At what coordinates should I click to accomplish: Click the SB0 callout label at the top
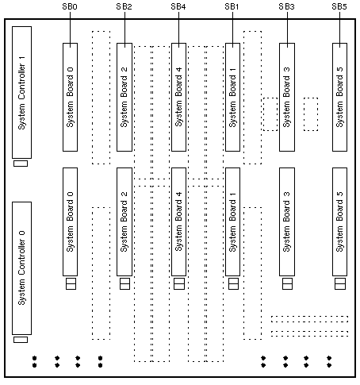point(70,6)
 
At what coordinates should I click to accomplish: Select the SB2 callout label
point(124,6)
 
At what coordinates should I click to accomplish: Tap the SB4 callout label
point(178,6)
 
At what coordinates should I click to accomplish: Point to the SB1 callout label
point(232,6)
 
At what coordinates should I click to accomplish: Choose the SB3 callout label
point(286,6)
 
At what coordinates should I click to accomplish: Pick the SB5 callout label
point(339,6)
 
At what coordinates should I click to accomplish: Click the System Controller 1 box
point(22,92)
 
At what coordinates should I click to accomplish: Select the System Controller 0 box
point(22,268)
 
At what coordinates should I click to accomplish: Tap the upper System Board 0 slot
point(70,98)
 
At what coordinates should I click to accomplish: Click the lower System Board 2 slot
point(124,221)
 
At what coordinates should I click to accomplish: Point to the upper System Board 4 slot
point(179,98)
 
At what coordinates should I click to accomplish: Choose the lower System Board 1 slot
point(233,221)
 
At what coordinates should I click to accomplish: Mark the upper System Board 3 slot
point(287,98)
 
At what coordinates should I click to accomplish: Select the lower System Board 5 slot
point(340,221)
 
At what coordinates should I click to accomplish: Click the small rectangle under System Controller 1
point(21,164)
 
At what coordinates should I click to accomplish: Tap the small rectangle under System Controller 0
point(21,340)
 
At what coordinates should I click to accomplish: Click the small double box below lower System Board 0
point(71,283)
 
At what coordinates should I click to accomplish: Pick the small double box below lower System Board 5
point(340,283)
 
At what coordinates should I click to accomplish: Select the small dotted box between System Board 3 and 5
point(311,114)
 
